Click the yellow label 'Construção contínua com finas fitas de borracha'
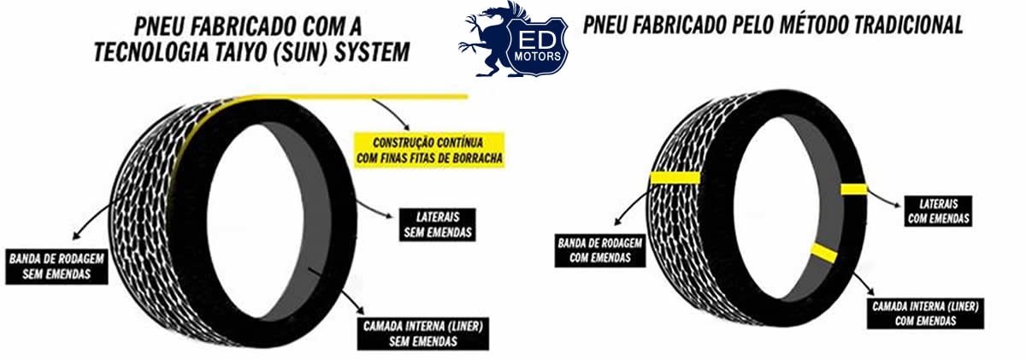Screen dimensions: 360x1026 click(429, 149)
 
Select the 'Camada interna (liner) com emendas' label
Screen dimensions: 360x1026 click(925, 313)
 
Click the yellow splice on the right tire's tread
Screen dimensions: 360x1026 click(675, 177)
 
